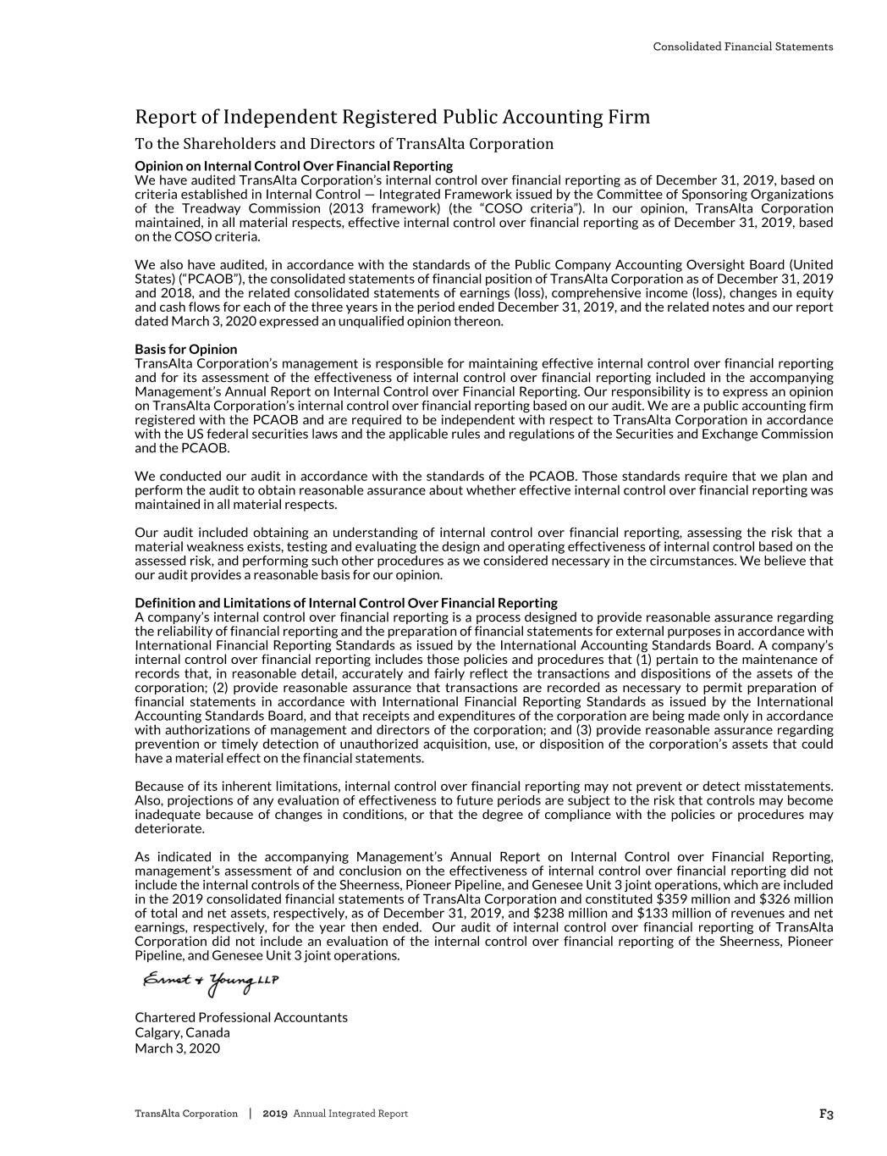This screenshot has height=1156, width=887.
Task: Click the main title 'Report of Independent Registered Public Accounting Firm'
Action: tap(392, 117)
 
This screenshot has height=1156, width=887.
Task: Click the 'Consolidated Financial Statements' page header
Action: tap(742, 47)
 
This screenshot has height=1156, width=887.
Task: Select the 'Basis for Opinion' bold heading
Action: tap(186, 349)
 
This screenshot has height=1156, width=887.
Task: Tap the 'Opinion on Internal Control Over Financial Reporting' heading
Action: tap(294, 165)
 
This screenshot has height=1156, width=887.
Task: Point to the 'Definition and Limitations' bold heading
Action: tap(345, 603)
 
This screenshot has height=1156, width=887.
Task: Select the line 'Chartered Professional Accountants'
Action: tap(241, 1017)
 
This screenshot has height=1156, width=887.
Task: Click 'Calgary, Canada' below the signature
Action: tap(182, 1032)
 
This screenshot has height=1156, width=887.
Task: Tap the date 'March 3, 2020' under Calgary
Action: tap(177, 1048)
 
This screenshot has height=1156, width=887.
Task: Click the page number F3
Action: tap(826, 1115)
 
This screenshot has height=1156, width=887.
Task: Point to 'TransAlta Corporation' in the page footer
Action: tap(186, 1114)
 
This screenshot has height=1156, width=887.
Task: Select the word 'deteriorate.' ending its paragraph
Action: tap(169, 829)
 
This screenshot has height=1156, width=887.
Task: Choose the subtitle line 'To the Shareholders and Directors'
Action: tap(344, 143)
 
